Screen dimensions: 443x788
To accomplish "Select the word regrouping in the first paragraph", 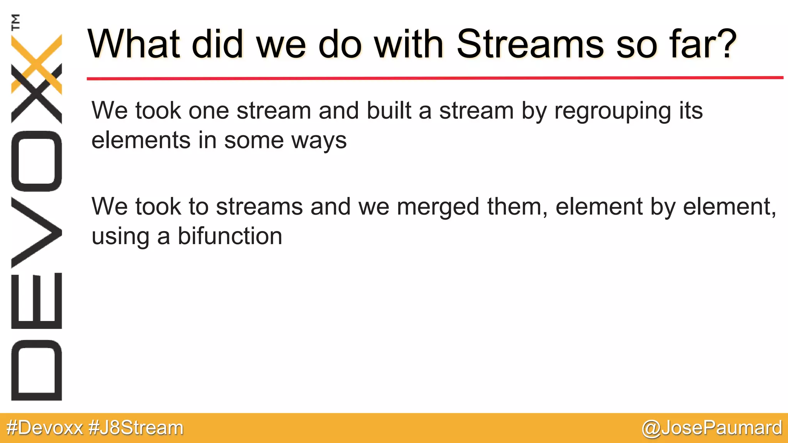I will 612,112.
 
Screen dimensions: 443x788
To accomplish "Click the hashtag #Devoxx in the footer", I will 45,428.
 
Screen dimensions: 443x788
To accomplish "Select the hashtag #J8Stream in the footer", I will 136,428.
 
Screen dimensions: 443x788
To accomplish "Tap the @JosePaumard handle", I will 711,428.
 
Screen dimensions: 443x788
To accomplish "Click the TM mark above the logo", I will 16,22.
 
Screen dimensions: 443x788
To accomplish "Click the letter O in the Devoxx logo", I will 37,161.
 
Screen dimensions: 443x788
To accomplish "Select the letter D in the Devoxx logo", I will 37,370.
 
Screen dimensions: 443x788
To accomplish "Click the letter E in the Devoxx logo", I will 37,301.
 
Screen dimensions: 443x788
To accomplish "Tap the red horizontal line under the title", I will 435,78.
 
